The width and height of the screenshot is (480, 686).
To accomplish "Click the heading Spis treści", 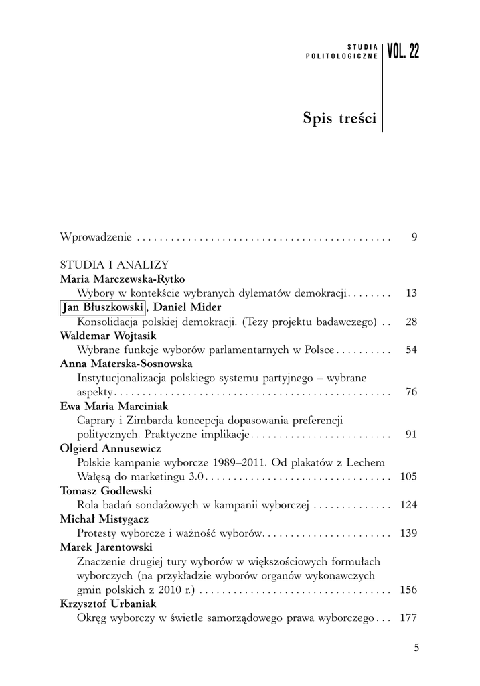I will pos(339,119).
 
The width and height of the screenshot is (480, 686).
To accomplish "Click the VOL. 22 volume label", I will pos(404,52).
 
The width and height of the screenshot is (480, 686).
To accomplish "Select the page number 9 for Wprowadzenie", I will pos(414,236).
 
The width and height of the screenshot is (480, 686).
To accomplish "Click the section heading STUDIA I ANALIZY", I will pos(114,265).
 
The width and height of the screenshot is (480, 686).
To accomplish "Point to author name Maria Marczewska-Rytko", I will pos(122,279).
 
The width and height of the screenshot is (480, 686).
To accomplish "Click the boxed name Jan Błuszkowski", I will pos(102,307).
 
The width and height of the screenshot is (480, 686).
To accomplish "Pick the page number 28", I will pos(411,322).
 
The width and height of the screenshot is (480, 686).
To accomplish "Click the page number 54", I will pos(411,350).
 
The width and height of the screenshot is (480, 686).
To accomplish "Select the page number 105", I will pos(408,476).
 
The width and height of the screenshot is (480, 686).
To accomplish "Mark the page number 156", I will pos(408,590).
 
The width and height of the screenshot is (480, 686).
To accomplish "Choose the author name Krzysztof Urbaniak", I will pos(108,604).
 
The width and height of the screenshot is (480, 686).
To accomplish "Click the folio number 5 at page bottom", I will pos(416,647).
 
